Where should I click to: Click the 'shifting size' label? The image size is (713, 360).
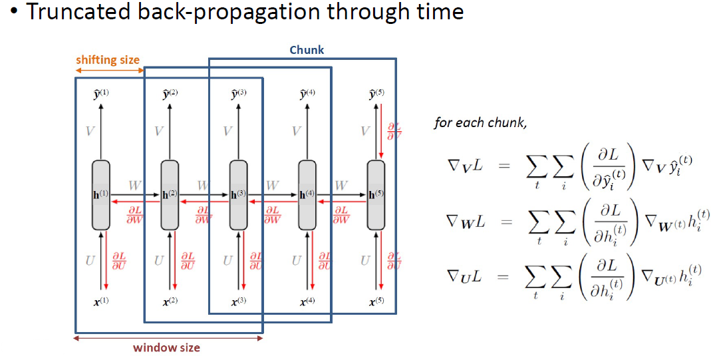point(108,60)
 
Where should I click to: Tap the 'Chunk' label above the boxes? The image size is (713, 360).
point(307,50)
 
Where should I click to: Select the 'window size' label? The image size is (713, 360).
point(166,347)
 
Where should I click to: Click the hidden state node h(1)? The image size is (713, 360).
point(100,194)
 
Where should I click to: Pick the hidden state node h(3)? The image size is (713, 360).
point(238,194)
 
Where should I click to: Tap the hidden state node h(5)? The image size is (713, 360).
point(376,194)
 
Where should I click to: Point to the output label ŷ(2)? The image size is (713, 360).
point(170,94)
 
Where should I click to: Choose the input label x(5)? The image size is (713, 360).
point(376,301)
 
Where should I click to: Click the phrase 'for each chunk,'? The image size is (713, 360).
point(472,122)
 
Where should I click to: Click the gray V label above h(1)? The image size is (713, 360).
point(90,131)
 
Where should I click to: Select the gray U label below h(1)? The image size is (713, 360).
point(90,260)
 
